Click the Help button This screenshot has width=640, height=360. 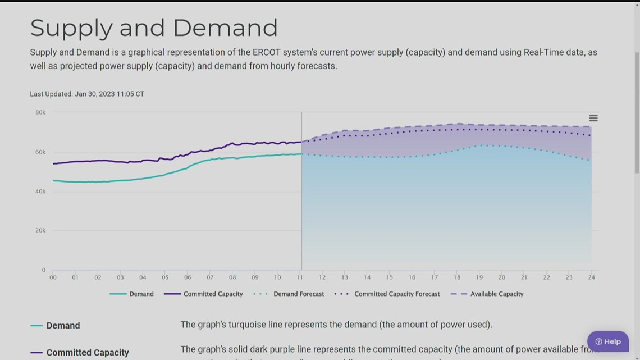(608, 341)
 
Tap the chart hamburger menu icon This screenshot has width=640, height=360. (593, 118)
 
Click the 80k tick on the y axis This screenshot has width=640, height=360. (40, 112)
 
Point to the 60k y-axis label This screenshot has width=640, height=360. (40, 152)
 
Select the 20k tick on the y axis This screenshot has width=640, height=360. (40, 230)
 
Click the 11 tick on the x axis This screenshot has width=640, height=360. (300, 277)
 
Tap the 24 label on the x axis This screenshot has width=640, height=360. (591, 277)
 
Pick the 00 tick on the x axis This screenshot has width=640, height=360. (53, 277)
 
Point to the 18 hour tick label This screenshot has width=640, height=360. (457, 277)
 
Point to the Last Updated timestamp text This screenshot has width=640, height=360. (87, 94)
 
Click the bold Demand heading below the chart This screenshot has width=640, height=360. (63, 326)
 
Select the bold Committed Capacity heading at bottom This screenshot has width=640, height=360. (88, 353)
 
